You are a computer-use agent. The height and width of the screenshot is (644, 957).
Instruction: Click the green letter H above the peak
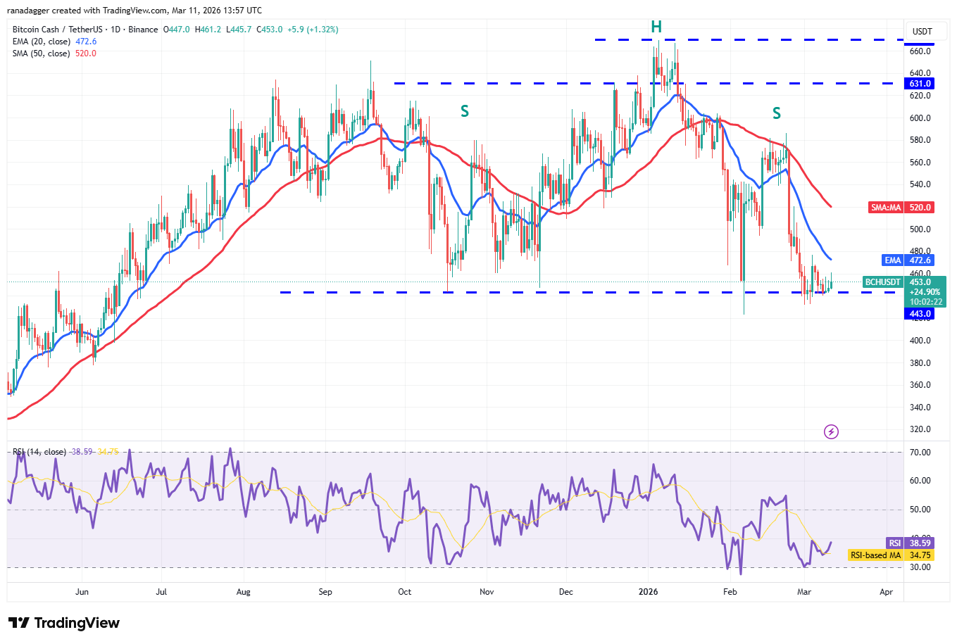pyautogui.click(x=656, y=27)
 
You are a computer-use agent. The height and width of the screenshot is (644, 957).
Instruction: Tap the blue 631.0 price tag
pyautogui.click(x=920, y=84)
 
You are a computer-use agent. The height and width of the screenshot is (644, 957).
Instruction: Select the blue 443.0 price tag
pyautogui.click(x=920, y=314)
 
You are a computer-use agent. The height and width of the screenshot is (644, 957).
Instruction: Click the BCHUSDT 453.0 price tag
pyautogui.click(x=904, y=282)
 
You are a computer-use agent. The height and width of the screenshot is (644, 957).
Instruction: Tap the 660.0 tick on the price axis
pyautogui.click(x=920, y=51)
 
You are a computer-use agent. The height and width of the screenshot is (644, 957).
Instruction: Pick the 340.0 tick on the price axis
pyautogui.click(x=920, y=408)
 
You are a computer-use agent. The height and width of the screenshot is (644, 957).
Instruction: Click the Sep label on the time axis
pyautogui.click(x=325, y=592)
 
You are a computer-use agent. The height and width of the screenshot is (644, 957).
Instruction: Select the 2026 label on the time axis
pyautogui.click(x=648, y=592)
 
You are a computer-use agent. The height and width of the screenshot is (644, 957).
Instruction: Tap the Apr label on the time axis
pyautogui.click(x=886, y=592)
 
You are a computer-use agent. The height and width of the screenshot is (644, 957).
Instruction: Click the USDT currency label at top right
pyautogui.click(x=922, y=32)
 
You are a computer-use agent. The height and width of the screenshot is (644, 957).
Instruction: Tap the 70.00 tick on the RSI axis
pyautogui.click(x=920, y=453)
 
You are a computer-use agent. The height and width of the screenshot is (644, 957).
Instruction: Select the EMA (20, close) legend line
pyautogui.click(x=54, y=42)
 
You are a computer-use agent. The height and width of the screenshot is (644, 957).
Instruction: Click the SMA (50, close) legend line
pyautogui.click(x=54, y=53)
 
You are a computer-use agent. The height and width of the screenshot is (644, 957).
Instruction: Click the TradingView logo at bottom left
pyautogui.click(x=64, y=623)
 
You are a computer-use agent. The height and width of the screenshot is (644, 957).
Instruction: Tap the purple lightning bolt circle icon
pyautogui.click(x=831, y=431)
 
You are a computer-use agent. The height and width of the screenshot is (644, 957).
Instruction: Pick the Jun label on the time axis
pyautogui.click(x=82, y=592)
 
